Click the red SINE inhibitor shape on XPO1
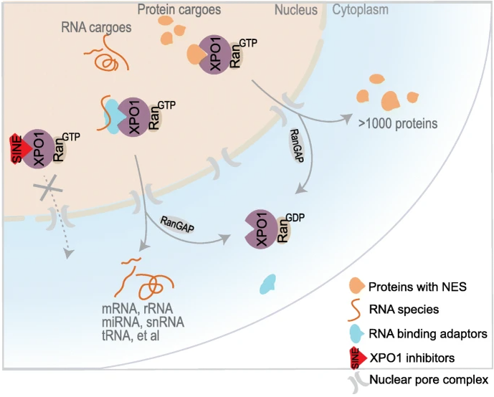(19, 148)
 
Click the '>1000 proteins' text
(397, 123)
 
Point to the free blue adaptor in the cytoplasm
(268, 283)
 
